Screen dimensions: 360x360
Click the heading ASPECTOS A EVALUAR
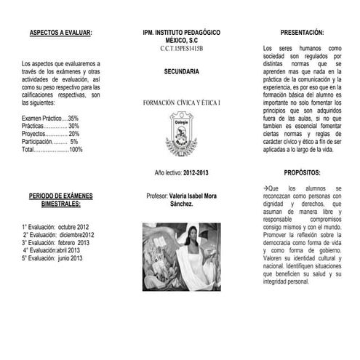tap(61, 33)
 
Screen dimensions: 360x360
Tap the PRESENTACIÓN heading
tap(302, 33)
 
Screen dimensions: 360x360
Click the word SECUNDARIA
tap(182, 73)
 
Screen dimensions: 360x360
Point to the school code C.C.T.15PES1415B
tap(182, 49)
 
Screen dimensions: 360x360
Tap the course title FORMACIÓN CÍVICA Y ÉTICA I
tap(182, 104)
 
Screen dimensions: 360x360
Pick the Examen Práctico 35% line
tap(50, 118)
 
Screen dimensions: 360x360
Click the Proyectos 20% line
tap(50, 134)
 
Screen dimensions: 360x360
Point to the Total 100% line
tap(52, 150)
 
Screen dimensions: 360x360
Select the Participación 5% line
tap(50, 142)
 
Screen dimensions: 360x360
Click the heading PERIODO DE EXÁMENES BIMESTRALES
tap(61, 201)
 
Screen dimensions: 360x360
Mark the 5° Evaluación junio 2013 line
tap(52, 258)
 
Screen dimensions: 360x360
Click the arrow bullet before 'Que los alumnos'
tap(266, 188)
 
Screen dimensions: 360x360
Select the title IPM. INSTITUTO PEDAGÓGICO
tap(182, 33)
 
